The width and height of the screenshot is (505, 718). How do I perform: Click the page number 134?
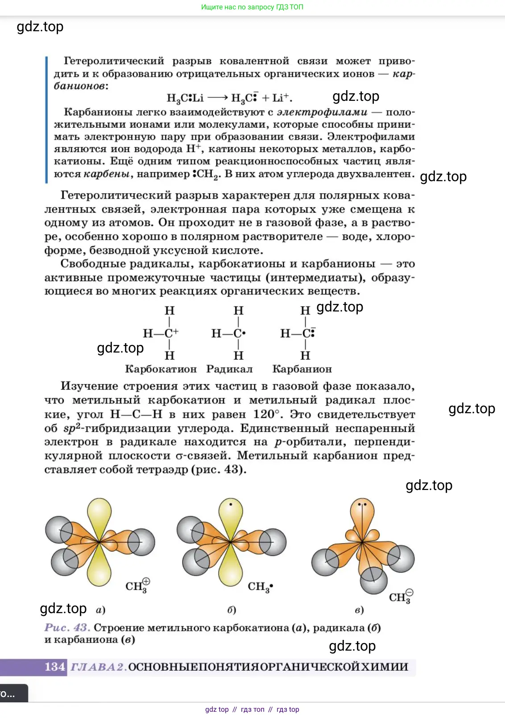55,667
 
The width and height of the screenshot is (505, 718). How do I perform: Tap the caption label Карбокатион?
161,369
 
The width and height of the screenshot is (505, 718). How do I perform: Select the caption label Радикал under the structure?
229,369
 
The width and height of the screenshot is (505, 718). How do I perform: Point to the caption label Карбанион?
302,369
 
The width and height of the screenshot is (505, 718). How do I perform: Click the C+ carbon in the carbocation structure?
171,333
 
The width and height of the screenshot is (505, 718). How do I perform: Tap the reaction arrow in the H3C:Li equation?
218,98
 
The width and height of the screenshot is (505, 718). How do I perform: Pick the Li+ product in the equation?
281,98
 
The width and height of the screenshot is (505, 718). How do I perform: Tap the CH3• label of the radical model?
260,586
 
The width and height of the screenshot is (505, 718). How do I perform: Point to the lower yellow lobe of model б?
231,569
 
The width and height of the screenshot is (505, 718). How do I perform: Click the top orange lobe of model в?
362,513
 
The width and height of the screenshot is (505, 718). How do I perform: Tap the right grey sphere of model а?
142,542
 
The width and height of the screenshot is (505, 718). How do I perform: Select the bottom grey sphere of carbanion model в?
373,580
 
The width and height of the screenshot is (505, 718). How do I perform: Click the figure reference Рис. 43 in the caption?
67,627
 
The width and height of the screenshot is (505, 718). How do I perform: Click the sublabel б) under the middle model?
232,610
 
